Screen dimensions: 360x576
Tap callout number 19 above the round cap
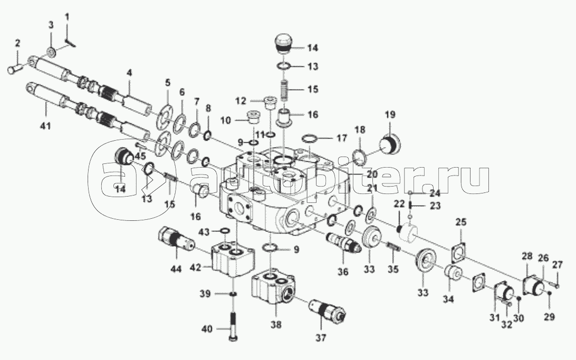coord(389,114)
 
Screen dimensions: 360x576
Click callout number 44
coord(176,269)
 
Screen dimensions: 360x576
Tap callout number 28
coord(527,256)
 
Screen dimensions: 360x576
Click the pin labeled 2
coord(15,68)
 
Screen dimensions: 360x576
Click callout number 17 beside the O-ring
coord(341,139)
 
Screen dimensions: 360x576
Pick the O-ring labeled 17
coord(310,139)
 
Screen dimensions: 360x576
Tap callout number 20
coord(372,174)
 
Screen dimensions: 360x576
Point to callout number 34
coord(448,299)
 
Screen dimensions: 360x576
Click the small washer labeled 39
coord(232,294)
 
